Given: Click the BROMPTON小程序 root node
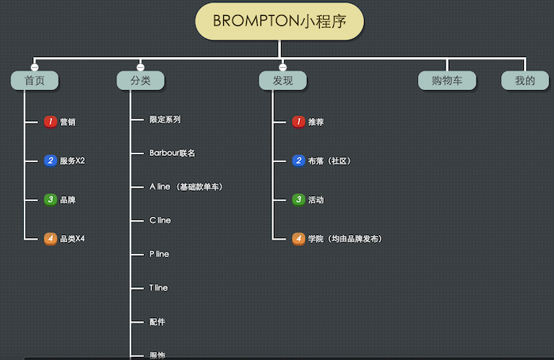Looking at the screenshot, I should pyautogui.click(x=279, y=21).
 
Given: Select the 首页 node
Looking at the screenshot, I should pyautogui.click(x=34, y=81).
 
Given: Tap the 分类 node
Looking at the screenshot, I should pyautogui.click(x=140, y=81).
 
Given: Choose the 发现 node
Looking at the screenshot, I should pyautogui.click(x=283, y=81).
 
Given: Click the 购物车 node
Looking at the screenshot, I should pyautogui.click(x=447, y=81).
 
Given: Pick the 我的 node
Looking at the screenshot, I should pyautogui.click(x=525, y=81).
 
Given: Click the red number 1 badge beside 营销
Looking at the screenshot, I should pyautogui.click(x=50, y=122).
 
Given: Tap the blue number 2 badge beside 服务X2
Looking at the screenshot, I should pyautogui.click(x=50, y=161).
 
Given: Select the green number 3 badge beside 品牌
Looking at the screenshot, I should pyautogui.click(x=50, y=199).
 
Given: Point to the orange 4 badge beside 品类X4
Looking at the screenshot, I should pyautogui.click(x=50, y=238).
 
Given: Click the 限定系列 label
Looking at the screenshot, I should pyautogui.click(x=165, y=119).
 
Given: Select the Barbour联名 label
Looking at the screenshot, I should pyautogui.click(x=172, y=153).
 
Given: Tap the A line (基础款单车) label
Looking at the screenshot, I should pyautogui.click(x=186, y=187).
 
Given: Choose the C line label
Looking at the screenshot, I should pyautogui.click(x=160, y=220).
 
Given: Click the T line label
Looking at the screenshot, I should pyautogui.click(x=158, y=288).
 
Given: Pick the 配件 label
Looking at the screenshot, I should pyautogui.click(x=157, y=322).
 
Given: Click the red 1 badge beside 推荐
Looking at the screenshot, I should pyautogui.click(x=298, y=122).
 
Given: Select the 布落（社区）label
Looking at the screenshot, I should pyautogui.click(x=329, y=161).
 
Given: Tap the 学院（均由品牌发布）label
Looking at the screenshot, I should pyautogui.click(x=345, y=238).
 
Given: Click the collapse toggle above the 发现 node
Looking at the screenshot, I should pyautogui.click(x=283, y=66).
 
